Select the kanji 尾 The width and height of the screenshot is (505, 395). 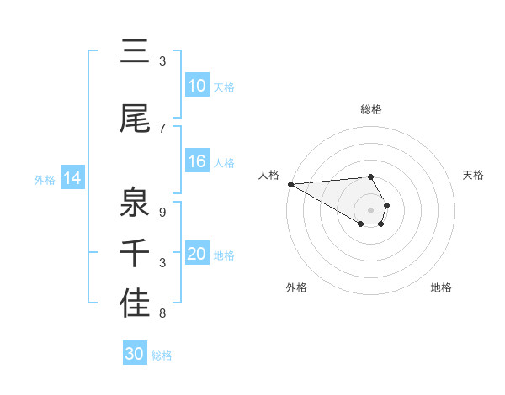pos(135,119)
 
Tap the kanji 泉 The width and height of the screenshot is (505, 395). pos(135,200)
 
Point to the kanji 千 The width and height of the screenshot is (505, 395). pos(135,252)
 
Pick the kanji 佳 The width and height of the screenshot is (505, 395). pos(135,303)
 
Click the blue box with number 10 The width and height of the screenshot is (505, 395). pos(197,86)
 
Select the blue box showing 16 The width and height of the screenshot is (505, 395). pos(197,162)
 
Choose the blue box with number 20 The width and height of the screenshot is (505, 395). pos(197,254)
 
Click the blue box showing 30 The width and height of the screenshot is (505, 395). pos(135,354)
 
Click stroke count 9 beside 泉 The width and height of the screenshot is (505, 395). pos(162,212)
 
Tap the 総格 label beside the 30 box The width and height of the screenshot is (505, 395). pos(162,355)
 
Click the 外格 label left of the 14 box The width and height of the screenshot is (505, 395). pos(45,179)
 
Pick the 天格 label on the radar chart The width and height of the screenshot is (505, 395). pos(473,175)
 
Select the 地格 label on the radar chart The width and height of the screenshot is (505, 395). pos(441,287)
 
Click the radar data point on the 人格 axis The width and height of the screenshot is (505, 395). pos(290,183)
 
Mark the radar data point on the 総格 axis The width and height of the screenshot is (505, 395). pos(370,176)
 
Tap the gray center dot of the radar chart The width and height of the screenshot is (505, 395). pos(370,209)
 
